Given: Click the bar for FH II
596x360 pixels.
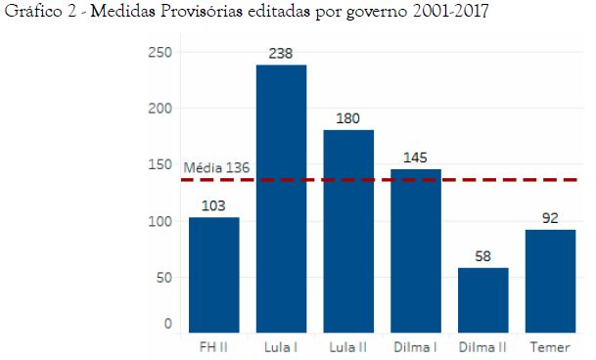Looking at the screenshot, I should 214,274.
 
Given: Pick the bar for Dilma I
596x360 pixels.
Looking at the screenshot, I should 415,250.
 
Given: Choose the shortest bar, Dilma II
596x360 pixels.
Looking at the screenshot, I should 482,299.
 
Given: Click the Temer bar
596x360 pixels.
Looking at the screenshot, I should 550,280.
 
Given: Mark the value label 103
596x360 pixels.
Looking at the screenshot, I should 214,206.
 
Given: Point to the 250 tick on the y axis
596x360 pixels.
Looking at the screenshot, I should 160,52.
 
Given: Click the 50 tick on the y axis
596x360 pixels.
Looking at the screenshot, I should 163,278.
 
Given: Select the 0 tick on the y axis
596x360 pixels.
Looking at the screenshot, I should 167,323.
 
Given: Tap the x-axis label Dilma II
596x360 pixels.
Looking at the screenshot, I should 482,346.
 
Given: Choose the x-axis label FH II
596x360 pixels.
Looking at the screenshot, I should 214,346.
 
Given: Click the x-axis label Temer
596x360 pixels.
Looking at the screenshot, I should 550,346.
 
